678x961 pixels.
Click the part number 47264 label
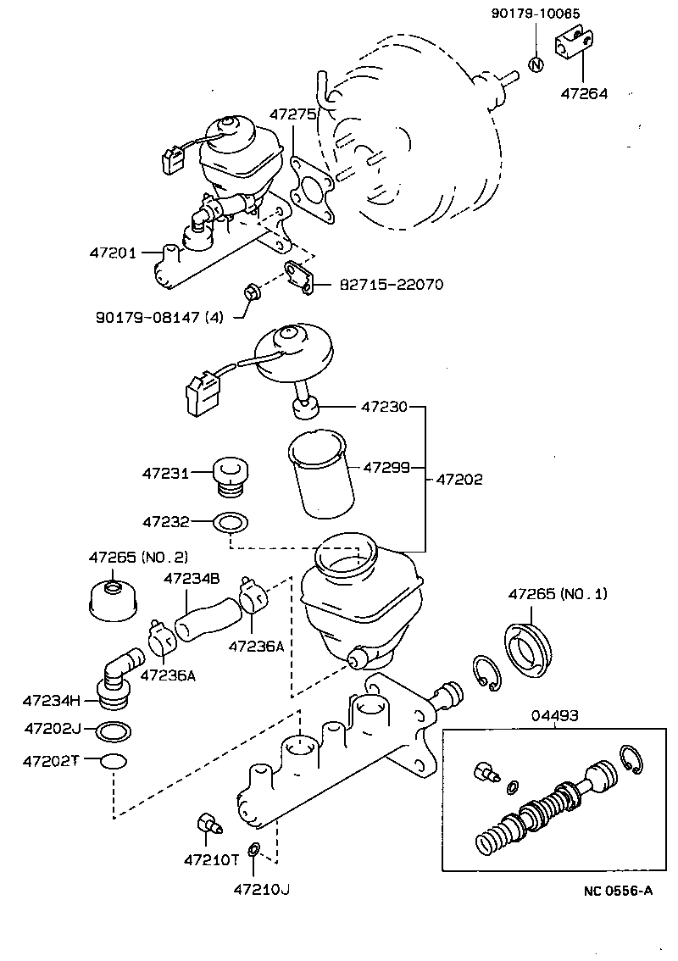[583, 94]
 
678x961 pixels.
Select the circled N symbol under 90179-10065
[536, 65]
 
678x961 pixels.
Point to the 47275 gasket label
[293, 113]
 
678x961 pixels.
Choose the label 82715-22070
[392, 285]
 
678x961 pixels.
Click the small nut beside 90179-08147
[251, 293]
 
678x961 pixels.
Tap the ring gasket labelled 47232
[230, 521]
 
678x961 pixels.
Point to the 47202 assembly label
[459, 480]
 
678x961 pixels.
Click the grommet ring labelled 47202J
[114, 729]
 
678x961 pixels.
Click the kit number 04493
[555, 715]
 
